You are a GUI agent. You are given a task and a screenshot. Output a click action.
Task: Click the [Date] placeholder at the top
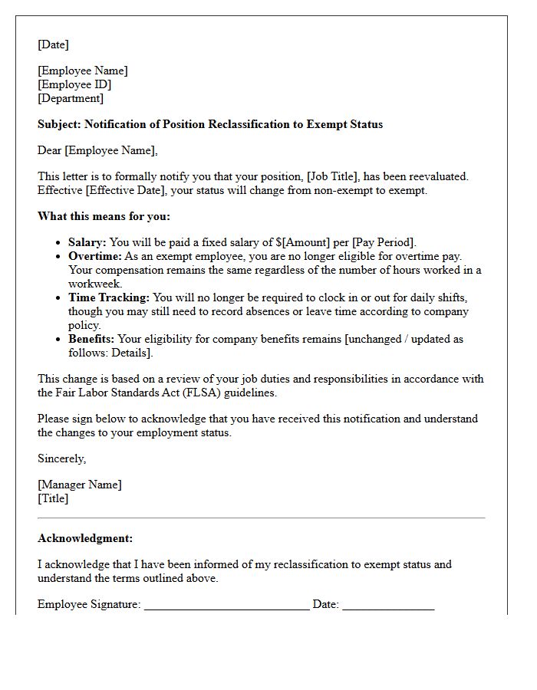pos(53,44)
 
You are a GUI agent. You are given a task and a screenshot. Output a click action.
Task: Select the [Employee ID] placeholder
pos(74,84)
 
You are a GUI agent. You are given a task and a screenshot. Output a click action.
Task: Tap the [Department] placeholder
pos(71,98)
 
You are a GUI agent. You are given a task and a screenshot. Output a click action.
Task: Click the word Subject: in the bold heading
pos(59,124)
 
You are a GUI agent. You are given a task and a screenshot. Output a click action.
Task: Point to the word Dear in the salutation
pos(49,150)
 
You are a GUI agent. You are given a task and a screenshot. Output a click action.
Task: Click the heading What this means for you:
pos(104,216)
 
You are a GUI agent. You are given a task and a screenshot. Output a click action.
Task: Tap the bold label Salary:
pos(87,242)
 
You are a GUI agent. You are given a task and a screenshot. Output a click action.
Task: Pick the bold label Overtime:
pos(95,256)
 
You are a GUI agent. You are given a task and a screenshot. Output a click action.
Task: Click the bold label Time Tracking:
pos(109,297)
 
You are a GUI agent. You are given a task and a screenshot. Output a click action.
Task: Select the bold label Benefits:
pos(91,339)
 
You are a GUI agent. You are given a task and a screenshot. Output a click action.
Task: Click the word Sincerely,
pos(62,458)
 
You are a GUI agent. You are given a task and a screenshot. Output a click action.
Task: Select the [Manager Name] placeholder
pos(80,485)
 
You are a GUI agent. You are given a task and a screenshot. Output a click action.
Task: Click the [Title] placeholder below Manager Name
pos(53,498)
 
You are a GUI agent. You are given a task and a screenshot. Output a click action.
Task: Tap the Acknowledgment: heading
pos(85,538)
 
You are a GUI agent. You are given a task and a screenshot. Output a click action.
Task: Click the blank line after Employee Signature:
pos(226,605)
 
